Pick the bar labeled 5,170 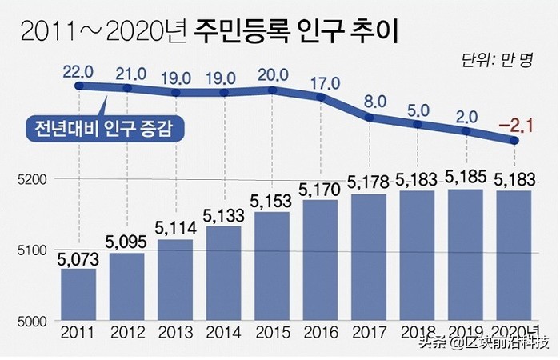tap(321, 259)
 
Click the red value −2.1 tap(514, 125)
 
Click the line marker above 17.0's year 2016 tap(321, 98)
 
